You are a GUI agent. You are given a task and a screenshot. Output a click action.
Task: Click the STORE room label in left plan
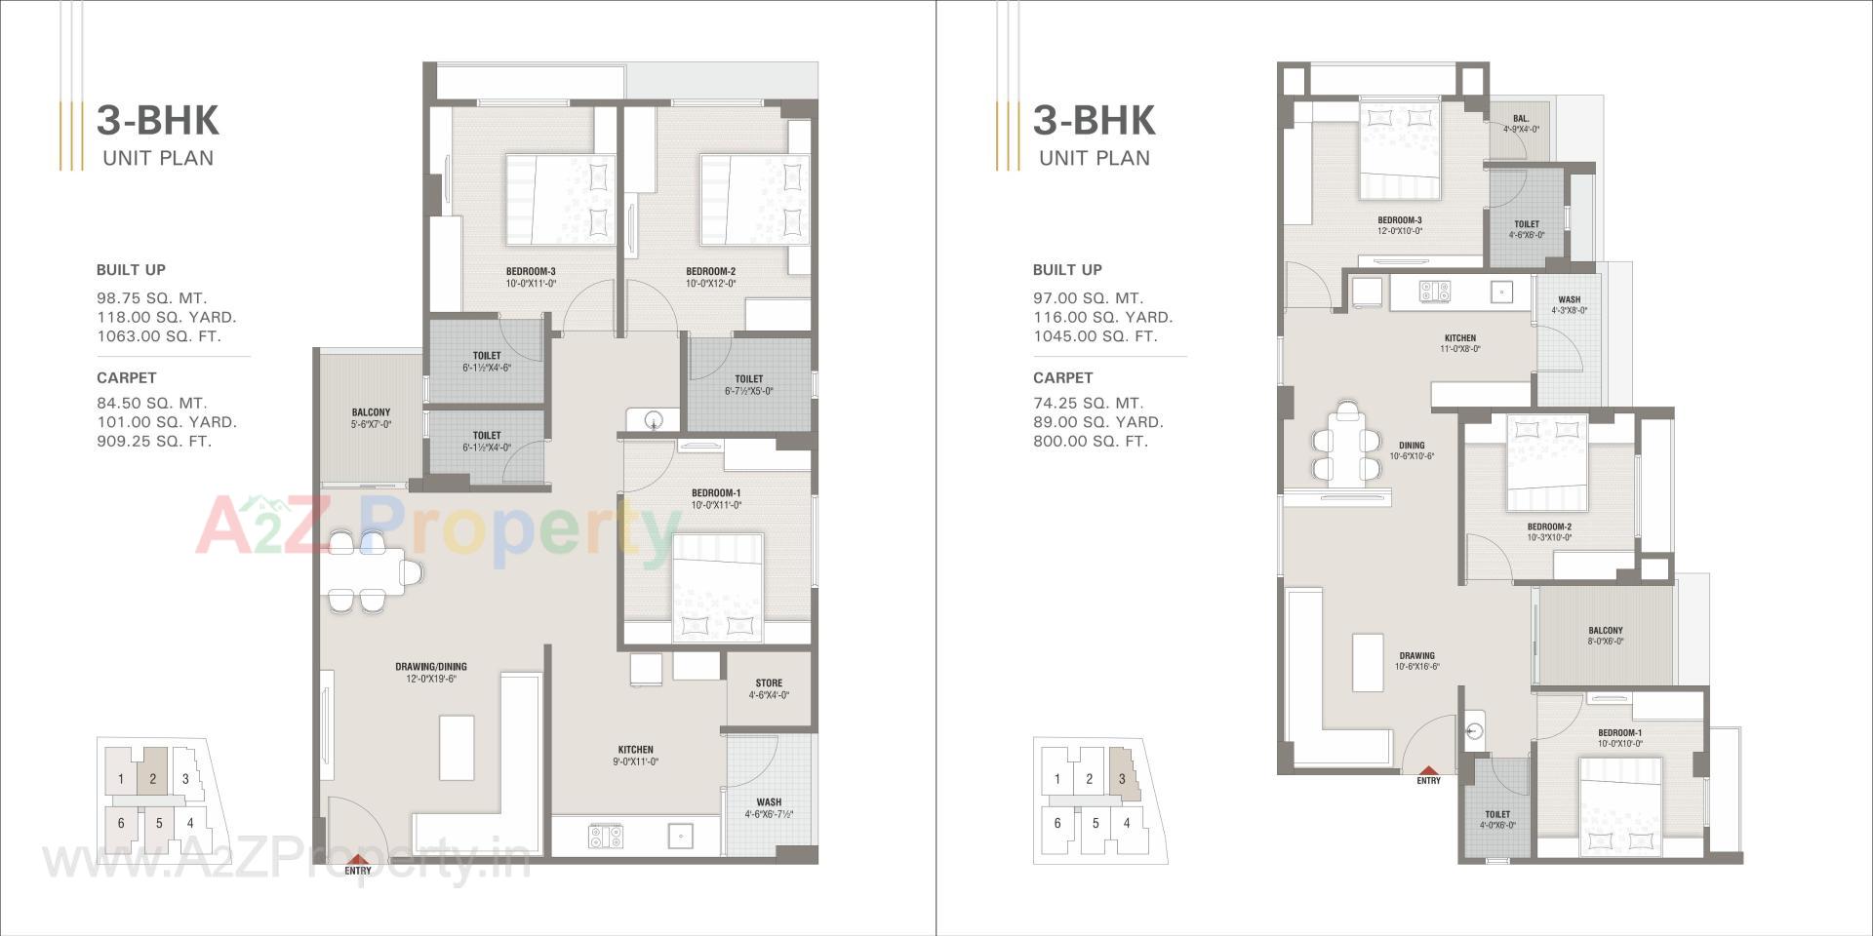click(x=769, y=683)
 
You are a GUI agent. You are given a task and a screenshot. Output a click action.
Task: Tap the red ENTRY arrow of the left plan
click(x=357, y=857)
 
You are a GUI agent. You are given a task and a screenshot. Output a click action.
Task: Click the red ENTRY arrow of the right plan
click(x=1428, y=769)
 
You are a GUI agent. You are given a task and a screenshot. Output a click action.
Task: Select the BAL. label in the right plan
click(x=1521, y=119)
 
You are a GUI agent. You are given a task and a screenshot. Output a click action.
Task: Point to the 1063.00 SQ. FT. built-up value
click(x=159, y=336)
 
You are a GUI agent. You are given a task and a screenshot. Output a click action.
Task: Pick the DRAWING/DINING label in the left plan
click(x=430, y=667)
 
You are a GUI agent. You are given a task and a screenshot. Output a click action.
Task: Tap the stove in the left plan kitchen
click(x=605, y=836)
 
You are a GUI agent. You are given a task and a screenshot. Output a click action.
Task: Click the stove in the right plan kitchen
click(x=1434, y=291)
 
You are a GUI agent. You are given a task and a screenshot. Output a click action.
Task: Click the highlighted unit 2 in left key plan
click(x=152, y=778)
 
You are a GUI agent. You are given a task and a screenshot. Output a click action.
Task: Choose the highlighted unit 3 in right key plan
click(x=1123, y=778)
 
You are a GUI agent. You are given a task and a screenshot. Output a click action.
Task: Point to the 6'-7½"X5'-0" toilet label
click(x=748, y=391)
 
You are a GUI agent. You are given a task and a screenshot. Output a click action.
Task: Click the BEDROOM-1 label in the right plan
click(x=1619, y=733)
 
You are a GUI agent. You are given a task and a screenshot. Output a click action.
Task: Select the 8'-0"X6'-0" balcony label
click(x=1605, y=642)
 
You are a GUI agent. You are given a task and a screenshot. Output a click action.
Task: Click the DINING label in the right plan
click(x=1411, y=446)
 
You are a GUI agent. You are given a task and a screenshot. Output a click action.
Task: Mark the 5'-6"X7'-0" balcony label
click(x=371, y=425)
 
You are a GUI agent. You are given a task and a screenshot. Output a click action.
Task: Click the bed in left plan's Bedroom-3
click(x=560, y=199)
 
